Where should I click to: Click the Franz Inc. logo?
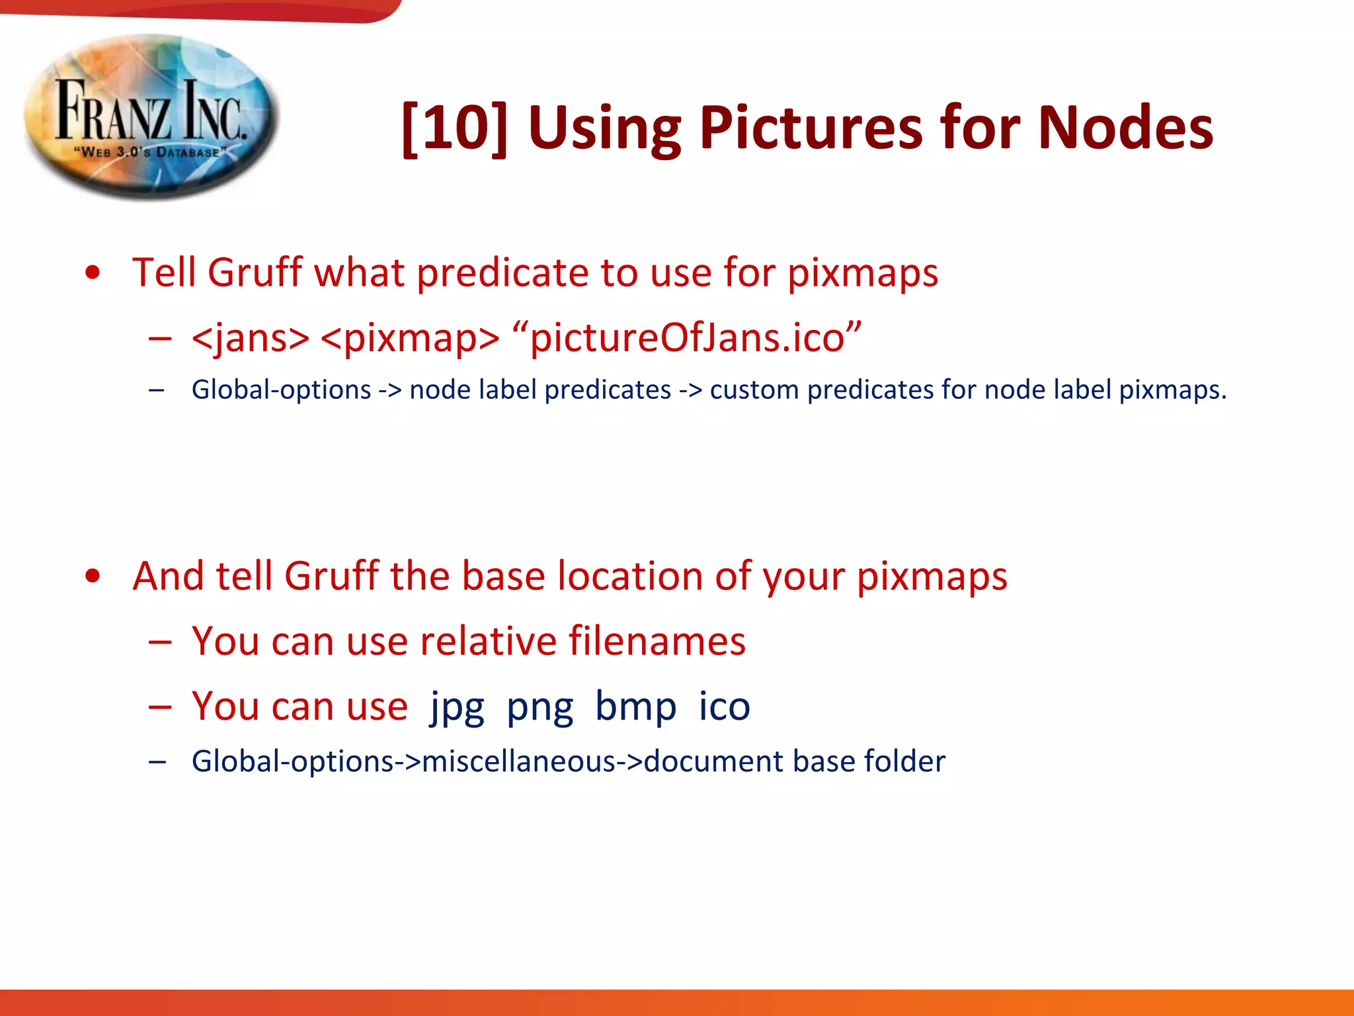point(151,118)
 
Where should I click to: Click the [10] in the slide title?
point(455,128)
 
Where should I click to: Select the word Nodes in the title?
point(1125,128)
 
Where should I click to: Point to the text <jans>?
point(250,338)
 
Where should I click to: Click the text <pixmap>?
point(410,338)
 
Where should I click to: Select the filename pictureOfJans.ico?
point(688,338)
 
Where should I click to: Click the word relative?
point(488,641)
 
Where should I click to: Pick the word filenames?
point(657,641)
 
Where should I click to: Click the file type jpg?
point(457,706)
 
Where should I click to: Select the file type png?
point(539,706)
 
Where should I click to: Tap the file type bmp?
point(635,706)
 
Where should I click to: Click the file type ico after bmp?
point(724,706)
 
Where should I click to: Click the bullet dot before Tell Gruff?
point(93,273)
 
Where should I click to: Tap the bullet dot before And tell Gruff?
point(93,575)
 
